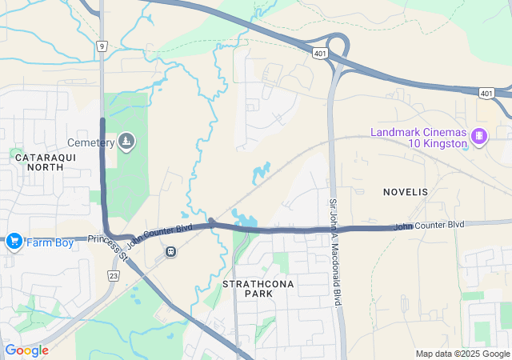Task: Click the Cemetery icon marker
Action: (x=126, y=142)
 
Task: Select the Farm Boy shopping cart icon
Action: (x=14, y=241)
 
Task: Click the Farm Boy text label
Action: (x=50, y=242)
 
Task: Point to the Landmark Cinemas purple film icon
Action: (x=479, y=136)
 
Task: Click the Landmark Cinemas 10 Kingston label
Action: (x=418, y=138)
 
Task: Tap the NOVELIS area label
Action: (x=406, y=192)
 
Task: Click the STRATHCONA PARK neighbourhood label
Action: (x=248, y=289)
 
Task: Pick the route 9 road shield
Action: (x=102, y=46)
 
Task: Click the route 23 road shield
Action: (x=113, y=274)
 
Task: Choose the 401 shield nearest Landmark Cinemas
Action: (x=486, y=93)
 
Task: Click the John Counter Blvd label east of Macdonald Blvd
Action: (x=428, y=226)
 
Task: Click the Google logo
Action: (x=26, y=350)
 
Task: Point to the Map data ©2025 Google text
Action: (x=462, y=354)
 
